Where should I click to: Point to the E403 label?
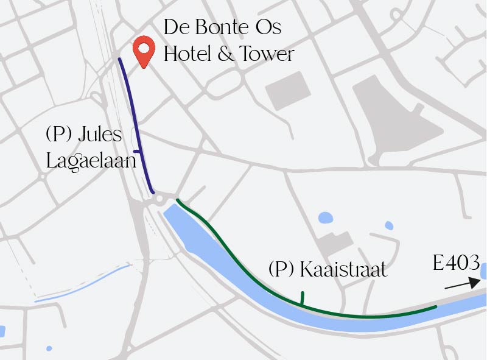pyautogui.click(x=457, y=264)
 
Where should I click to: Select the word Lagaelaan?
pyautogui.click(x=91, y=160)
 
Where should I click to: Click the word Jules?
pyautogui.click(x=100, y=135)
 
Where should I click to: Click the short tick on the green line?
pyautogui.click(x=301, y=297)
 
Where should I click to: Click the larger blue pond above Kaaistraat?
pyautogui.click(x=326, y=217)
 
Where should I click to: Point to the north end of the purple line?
pyautogui.click(x=119, y=60)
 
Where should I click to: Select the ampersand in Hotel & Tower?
pyautogui.click(x=225, y=55)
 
